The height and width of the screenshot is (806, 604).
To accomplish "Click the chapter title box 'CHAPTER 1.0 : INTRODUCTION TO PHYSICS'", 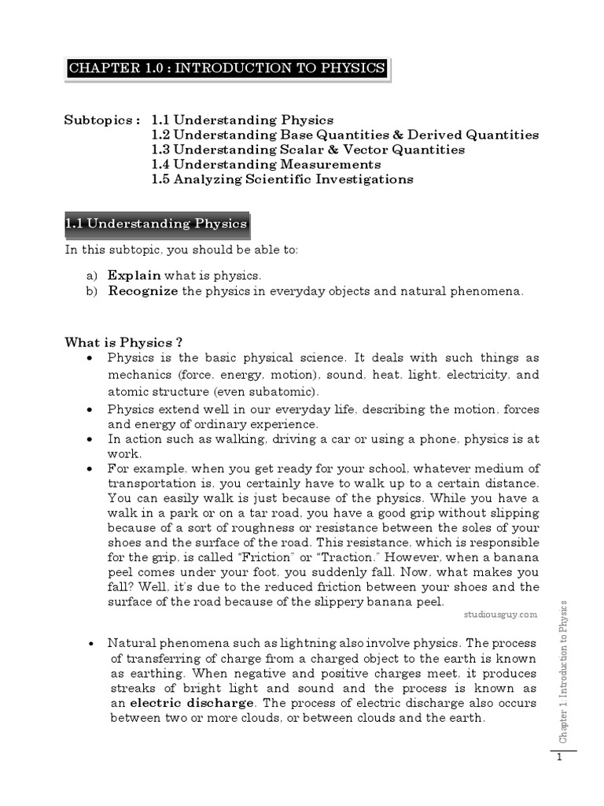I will click(x=226, y=68).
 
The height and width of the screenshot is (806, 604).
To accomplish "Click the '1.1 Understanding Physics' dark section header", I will click(x=157, y=224).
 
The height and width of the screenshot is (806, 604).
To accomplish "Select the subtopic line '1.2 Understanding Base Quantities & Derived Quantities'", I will click(x=345, y=135).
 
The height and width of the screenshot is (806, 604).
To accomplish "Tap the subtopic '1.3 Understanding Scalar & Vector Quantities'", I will click(x=308, y=150).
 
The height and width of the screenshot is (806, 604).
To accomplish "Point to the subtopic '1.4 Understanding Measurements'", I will click(x=266, y=165).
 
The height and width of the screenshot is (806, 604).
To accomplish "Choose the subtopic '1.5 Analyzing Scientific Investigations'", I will click(x=282, y=179).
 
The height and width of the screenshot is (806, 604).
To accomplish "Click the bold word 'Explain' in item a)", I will click(x=134, y=275).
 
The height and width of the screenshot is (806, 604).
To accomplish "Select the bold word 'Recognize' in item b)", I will click(x=143, y=291).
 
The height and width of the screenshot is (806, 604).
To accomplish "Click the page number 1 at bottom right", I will click(x=558, y=758).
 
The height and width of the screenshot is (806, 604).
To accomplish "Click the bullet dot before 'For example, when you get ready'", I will click(x=91, y=469).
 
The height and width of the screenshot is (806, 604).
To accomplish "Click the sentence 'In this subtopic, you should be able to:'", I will click(x=182, y=250).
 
